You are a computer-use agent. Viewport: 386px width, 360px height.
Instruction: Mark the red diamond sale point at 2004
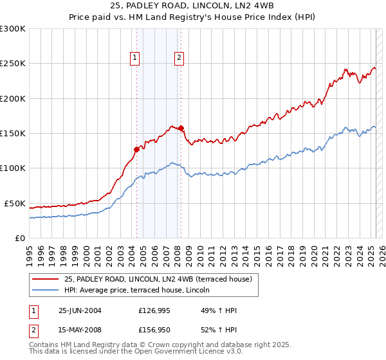136,149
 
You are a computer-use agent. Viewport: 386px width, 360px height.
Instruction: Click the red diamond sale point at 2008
181,128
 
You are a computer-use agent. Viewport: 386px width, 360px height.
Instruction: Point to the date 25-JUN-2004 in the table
80,310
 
